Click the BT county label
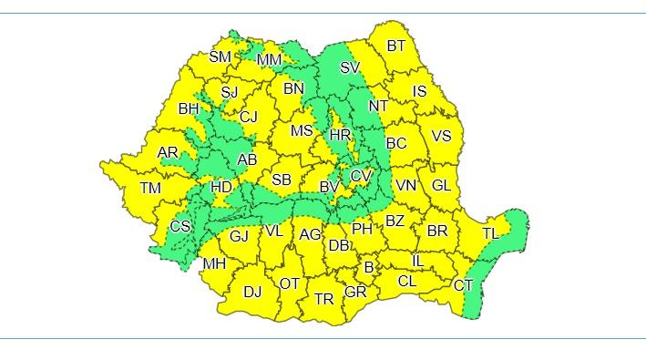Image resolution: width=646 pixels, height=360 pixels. pos(396,46)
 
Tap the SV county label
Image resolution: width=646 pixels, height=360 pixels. pos(350,67)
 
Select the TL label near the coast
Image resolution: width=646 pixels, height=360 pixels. pos(490,233)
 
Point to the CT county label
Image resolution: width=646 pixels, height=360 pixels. pos(464,285)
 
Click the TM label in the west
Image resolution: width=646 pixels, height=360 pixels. pos(150,189)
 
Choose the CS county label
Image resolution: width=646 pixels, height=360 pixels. pos(180,226)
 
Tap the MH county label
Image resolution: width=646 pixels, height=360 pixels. pos(214,264)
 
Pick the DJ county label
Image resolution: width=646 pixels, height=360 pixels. pos(252,292)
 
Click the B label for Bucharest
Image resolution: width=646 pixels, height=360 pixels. pos(369,268)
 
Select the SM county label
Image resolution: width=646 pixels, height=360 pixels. pos(220,57)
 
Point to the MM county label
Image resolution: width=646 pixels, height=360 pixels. pos(269,60)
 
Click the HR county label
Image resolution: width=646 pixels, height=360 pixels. pos(340,134)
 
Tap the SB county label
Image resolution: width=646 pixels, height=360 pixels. pos(282,180)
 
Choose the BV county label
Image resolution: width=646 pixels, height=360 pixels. pos(329,187)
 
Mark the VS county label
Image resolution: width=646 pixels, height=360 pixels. pos(441,136)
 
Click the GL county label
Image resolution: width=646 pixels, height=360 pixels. pos(441,185)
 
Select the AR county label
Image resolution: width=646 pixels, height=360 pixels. pos(169,152)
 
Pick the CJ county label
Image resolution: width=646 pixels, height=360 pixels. pos(249,117)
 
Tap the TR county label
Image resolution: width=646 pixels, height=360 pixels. pos(324,298)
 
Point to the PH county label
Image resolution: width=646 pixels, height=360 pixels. pos(363,229)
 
